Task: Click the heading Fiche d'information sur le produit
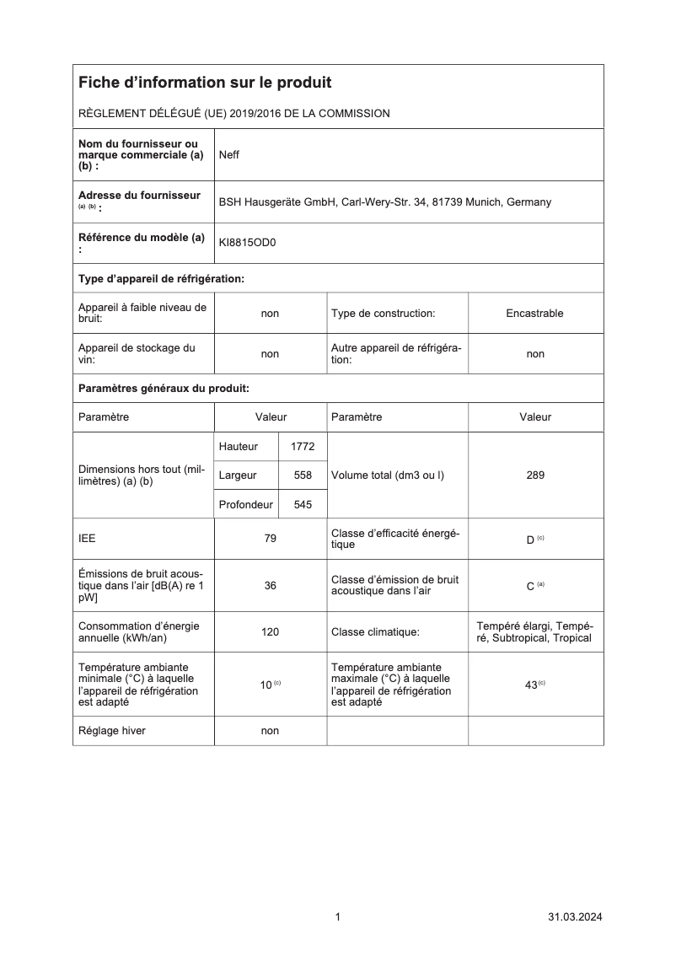(205, 83)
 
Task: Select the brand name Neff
(229, 155)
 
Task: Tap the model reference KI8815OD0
(247, 243)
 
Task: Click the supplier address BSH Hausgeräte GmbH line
(384, 202)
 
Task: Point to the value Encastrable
(534, 314)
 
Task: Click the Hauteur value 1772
(303, 447)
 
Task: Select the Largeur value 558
(303, 475)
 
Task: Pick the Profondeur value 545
(303, 505)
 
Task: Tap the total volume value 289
(534, 475)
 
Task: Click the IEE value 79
(270, 540)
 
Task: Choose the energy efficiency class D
(531, 540)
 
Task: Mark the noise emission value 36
(270, 586)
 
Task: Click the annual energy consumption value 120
(270, 631)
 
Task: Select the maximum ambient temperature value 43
(532, 685)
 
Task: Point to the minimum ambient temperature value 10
(266, 685)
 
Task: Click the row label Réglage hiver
(111, 731)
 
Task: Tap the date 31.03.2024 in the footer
(575, 917)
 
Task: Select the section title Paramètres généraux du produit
(164, 389)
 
